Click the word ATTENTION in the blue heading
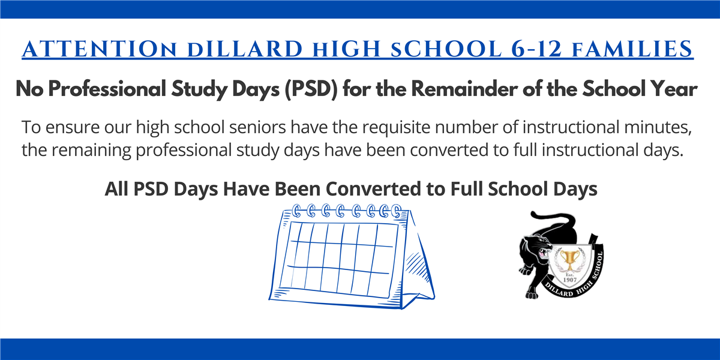[100, 49]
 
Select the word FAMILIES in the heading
[632, 49]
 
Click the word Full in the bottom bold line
[466, 188]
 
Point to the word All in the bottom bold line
[116, 188]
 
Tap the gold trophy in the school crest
[569, 260]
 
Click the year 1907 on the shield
[569, 280]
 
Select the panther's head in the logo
[535, 247]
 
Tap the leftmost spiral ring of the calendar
[296, 211]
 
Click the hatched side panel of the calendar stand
[417, 263]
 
